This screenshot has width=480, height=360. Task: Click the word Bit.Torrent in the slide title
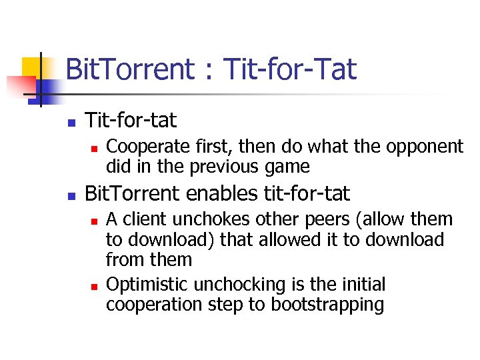tap(129, 69)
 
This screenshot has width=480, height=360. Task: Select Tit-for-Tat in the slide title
tap(290, 69)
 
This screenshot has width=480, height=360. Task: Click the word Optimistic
tap(147, 285)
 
